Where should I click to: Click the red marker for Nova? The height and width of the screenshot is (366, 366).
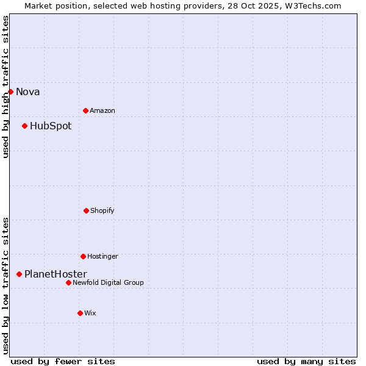coord(10,91)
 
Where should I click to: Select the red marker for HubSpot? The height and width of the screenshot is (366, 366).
coord(24,126)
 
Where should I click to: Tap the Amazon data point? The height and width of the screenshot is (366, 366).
coord(85,110)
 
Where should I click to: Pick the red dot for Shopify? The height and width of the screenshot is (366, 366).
coord(86,210)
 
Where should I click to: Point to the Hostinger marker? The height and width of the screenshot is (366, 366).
coord(83,256)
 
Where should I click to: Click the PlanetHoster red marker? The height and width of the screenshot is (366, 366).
coord(19,274)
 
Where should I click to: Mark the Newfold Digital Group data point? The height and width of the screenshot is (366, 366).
coord(68,282)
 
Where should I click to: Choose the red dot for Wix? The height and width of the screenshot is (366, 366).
coord(80,313)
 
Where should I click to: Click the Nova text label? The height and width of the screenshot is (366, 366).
coord(28,92)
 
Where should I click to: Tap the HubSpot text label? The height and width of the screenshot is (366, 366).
coord(51,126)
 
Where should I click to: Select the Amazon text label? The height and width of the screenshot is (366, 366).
coord(102,111)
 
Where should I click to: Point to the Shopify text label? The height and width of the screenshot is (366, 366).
coord(102,211)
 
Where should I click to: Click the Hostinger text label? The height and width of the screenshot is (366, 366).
coord(102,257)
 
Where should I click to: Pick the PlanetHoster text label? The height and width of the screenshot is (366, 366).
coord(56,274)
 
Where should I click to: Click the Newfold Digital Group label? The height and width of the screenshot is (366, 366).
coord(108,283)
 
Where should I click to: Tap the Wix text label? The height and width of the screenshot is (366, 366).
coord(90,314)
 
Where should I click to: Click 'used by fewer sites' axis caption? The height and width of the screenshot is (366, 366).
coord(63,361)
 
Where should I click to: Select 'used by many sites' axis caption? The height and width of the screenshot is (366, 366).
coord(306,361)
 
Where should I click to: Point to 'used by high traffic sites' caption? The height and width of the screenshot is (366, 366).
coord(5,87)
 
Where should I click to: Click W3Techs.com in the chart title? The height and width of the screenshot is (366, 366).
coord(311,5)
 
